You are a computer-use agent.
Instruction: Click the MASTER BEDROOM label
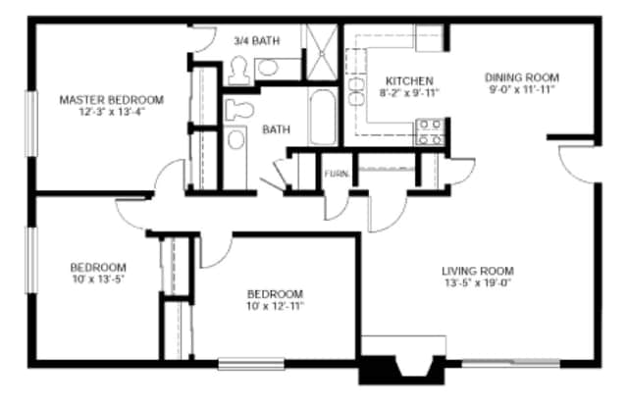coord(111,100)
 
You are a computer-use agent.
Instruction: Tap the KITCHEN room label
coord(409,80)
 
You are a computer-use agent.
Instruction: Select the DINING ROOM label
coord(522,77)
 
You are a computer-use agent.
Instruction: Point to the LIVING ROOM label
coord(478,271)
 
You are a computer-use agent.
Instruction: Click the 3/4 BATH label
coord(257,40)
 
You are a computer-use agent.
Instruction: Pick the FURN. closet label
coord(336,174)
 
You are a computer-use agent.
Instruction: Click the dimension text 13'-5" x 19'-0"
coord(479,283)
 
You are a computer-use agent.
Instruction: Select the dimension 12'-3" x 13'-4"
coord(112,112)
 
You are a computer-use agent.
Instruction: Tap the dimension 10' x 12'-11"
coord(275,306)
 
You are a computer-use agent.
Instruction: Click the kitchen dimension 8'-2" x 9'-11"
coord(409,93)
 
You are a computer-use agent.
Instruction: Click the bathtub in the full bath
coord(322,117)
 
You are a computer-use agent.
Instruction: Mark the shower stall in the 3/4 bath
coord(322,52)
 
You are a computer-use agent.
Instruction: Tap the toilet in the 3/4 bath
coord(238,71)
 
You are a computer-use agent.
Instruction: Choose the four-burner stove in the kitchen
coord(430,131)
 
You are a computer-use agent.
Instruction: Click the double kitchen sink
coord(356,91)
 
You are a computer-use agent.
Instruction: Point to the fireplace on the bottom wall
coord(401,370)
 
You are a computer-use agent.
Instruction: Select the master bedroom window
coord(31,124)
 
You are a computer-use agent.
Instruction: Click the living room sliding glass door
coord(511,364)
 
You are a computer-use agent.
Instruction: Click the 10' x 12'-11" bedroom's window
coord(251,364)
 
